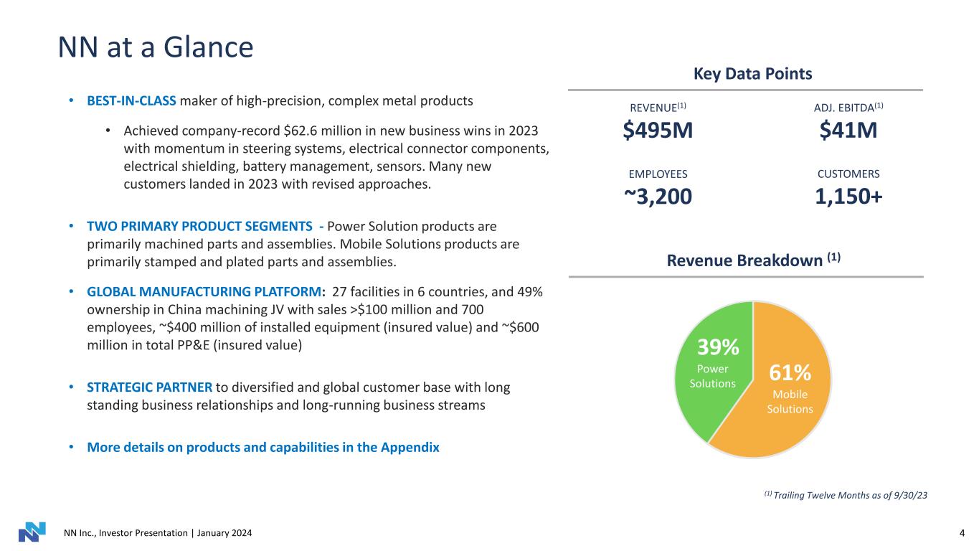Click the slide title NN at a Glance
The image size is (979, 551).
click(156, 47)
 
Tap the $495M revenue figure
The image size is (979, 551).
click(658, 130)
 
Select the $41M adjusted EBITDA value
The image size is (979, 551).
click(848, 130)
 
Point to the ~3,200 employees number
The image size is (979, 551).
click(658, 196)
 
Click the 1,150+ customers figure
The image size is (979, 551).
click(848, 196)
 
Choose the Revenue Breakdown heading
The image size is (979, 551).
click(753, 260)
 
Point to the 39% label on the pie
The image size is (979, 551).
click(718, 348)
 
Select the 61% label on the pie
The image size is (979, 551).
click(790, 373)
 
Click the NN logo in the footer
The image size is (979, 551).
click(32, 532)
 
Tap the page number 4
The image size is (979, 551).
click(961, 533)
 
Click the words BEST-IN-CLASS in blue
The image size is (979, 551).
click(132, 100)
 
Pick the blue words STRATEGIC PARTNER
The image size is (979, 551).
click(149, 387)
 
